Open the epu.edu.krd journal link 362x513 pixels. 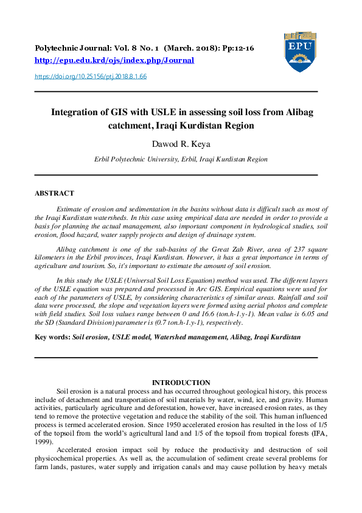coord(114,60)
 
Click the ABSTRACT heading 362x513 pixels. coord(54,193)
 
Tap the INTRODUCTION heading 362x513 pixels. coord(181,382)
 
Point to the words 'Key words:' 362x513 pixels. coord(52,336)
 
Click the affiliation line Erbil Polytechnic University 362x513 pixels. coord(181,159)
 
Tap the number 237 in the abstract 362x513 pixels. coord(291,249)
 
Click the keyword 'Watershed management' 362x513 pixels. coord(192,336)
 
